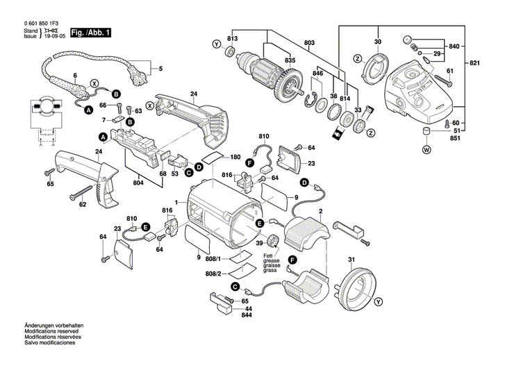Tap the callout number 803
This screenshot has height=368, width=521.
(x=309, y=43)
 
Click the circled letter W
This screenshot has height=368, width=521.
(x=426, y=149)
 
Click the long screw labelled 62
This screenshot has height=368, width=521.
(x=86, y=190)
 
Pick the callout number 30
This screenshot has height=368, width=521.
(x=378, y=43)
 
